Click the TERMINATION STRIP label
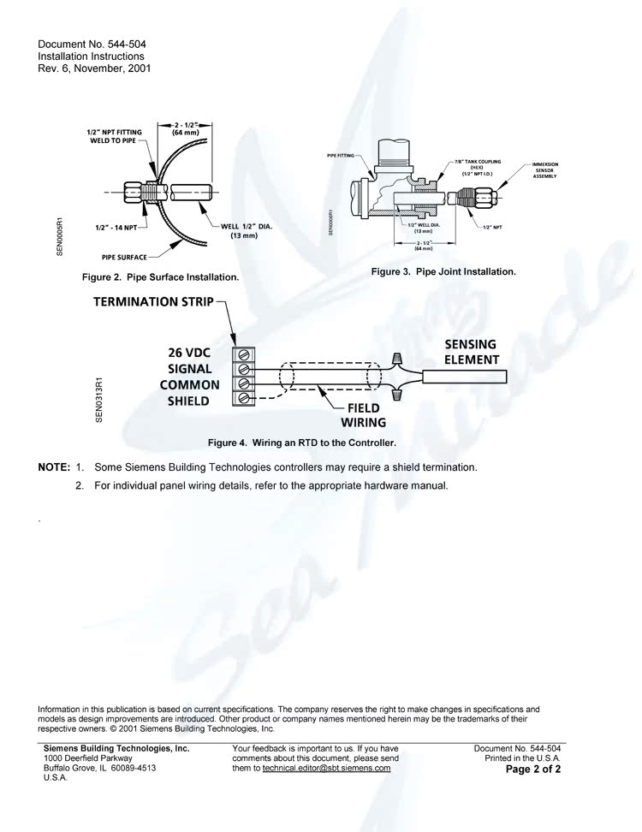tap(153, 302)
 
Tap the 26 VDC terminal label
tap(189, 353)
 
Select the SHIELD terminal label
tap(188, 401)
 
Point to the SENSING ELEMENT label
tap(471, 352)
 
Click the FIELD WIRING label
tap(363, 415)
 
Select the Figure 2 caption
tap(160, 277)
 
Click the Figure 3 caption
tap(443, 271)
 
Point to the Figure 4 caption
tap(302, 443)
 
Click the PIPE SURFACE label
tap(124, 256)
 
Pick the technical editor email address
tap(326, 768)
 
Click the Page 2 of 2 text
tap(533, 770)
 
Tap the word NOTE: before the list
tap(53, 467)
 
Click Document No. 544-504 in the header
tap(86, 44)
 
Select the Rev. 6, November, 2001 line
tap(94, 68)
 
